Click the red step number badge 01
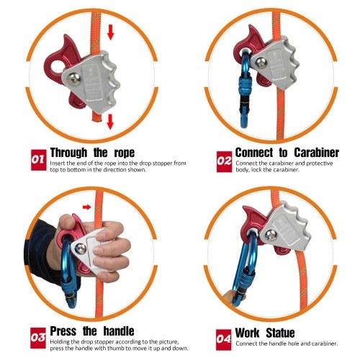coord(39,160)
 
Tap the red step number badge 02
coord(225,161)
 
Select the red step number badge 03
coord(38,338)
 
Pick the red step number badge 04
coord(223,339)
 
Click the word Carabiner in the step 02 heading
coord(316,153)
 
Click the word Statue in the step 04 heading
coord(280,333)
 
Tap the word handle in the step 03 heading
coord(119,331)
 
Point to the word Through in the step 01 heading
coord(68,153)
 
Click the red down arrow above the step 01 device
coord(110,32)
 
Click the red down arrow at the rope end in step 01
coord(110,122)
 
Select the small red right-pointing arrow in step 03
coord(87,207)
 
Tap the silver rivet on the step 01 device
coord(73,79)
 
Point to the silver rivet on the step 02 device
coord(261,63)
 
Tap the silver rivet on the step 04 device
coord(271,235)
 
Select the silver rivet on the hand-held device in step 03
coord(81,249)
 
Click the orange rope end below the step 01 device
coord(97,117)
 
